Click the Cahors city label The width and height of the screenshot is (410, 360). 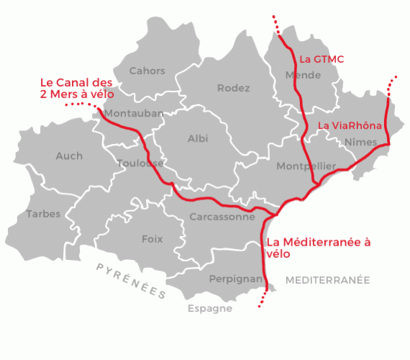[147, 71]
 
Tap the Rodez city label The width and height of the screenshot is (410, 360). [233, 89]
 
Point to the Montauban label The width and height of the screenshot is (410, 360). [134, 114]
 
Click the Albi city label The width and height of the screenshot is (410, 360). [197, 138]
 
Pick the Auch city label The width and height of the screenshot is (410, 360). [69, 156]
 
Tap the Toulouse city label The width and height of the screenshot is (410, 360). [140, 163]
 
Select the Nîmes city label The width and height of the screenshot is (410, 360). [361, 142]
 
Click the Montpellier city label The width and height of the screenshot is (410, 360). [306, 166]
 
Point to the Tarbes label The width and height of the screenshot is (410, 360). [43, 214]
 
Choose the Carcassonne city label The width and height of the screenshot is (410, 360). [222, 216]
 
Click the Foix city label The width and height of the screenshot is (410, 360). [152, 239]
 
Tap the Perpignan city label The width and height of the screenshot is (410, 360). [235, 278]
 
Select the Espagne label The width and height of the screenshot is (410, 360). [209, 309]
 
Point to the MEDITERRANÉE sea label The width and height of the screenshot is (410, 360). [327, 279]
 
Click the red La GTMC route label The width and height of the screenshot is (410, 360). [322, 58]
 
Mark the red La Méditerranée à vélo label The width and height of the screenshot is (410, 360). [317, 248]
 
